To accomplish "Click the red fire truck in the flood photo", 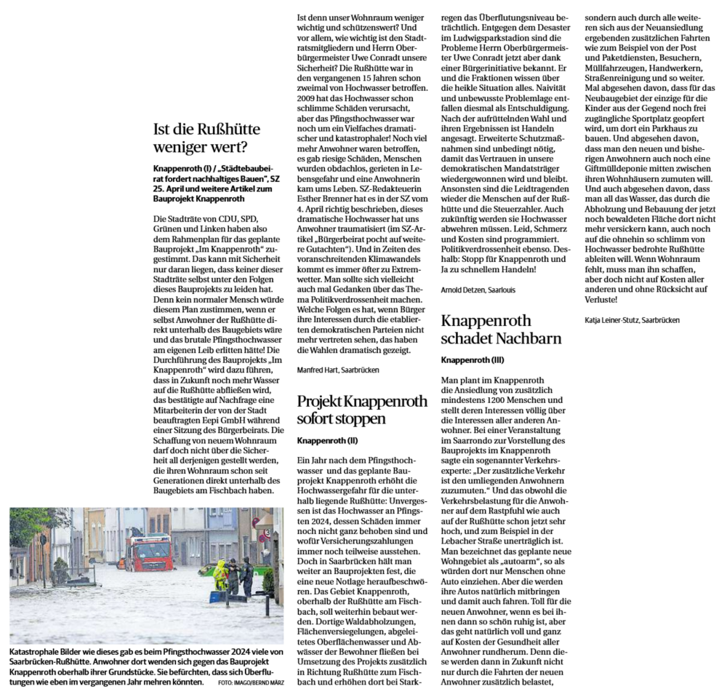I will point(148,552).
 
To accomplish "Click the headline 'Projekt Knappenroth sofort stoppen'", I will point(352,410).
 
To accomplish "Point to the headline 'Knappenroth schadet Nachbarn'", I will point(501,330).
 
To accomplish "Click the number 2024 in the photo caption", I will point(206,653).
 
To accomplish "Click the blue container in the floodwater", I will point(217,597).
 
